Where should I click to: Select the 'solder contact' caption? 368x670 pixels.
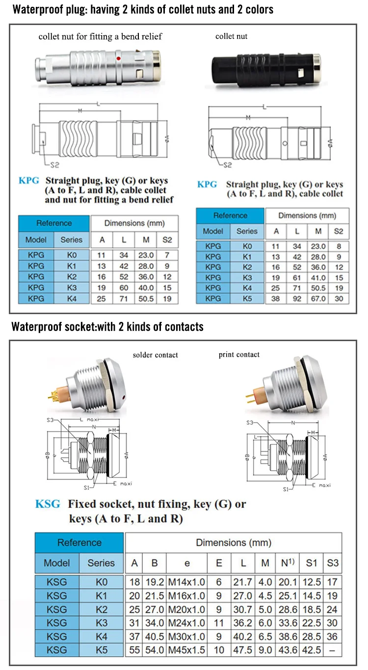point(156,355)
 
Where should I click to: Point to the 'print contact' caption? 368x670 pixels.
point(239,354)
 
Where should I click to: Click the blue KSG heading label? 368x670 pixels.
point(48,504)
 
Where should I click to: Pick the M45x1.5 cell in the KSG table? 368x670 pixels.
point(186,649)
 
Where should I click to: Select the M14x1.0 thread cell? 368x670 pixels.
point(186,583)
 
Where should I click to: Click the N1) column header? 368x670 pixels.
point(288,563)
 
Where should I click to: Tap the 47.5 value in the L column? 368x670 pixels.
point(243,649)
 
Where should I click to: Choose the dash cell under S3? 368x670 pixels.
point(332,649)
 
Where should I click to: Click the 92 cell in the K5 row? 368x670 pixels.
point(297,298)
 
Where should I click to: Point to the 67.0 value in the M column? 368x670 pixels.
point(318,298)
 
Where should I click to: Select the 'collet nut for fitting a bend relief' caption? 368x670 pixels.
point(100,36)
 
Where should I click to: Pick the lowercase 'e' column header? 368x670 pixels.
point(186,563)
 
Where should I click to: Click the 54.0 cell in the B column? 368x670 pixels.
point(155,649)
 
